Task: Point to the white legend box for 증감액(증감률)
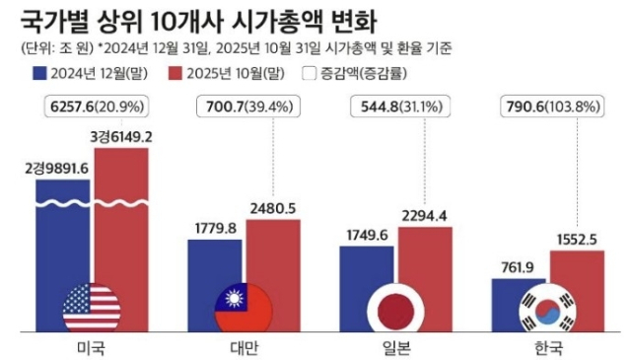coord(310,72)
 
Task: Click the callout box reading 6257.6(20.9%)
coord(94,105)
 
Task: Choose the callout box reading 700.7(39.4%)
coord(245,105)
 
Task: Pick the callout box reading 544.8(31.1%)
coord(397,105)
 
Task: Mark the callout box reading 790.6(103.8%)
coord(548,105)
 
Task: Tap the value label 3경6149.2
coord(121,136)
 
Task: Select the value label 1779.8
coord(211,228)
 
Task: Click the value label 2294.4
coord(425,215)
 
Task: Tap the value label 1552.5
coord(577,238)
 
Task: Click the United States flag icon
coord(92,308)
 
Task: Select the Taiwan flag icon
coord(243,308)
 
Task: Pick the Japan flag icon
coord(394,308)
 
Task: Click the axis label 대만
coord(243,348)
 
